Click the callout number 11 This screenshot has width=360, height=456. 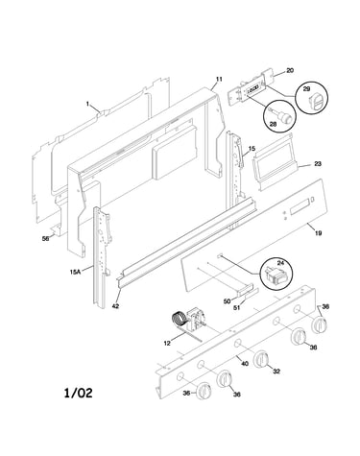(219, 79)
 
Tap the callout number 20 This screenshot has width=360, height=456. (290, 70)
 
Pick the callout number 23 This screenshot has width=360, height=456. (318, 164)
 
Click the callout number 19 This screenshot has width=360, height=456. (318, 233)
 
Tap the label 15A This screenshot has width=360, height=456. (75, 272)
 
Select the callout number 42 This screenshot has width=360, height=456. (115, 306)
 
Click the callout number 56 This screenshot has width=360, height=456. (46, 238)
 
